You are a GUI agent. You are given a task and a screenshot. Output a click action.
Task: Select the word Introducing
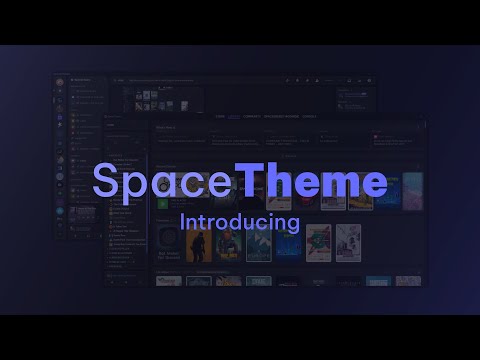pyautogui.click(x=240, y=220)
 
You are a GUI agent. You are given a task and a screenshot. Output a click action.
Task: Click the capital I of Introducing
pyautogui.click(x=182, y=218)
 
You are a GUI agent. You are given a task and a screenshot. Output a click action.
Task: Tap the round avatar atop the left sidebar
pyautogui.click(x=61, y=81)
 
